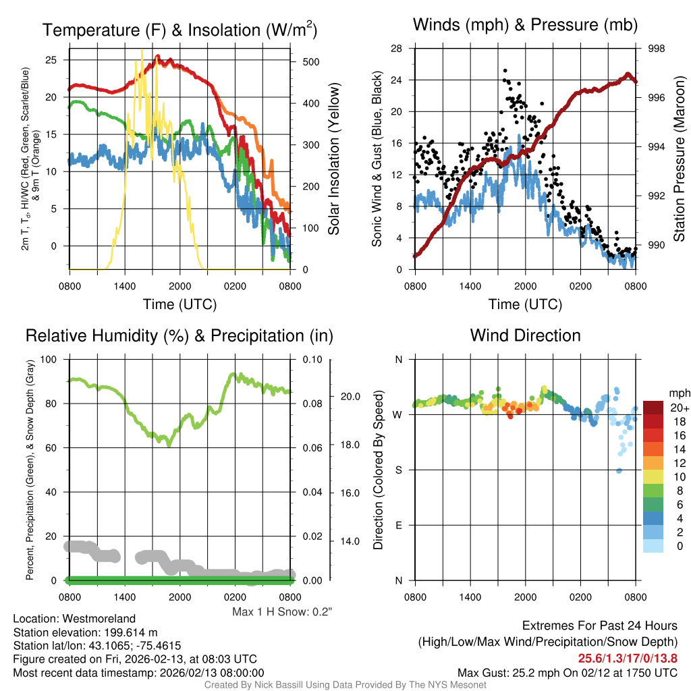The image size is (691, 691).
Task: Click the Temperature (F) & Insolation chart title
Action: tap(179, 30)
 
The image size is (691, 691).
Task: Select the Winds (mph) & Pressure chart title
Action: tap(525, 25)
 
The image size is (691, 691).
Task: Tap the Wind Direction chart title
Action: tap(525, 335)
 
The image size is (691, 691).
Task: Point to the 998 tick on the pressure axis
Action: tap(657, 49)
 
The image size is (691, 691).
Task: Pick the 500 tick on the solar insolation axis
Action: tap(310, 62)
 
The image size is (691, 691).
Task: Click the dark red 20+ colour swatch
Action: tap(654, 408)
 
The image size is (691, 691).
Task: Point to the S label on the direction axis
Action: tap(398, 470)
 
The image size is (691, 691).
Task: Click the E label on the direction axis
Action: tap(398, 525)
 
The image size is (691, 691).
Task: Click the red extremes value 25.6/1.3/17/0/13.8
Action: tap(628, 659)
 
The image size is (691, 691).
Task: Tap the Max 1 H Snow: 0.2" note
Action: tap(282, 612)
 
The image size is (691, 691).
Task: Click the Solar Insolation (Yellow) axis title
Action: tap(334, 159)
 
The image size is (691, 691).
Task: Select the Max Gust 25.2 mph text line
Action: tap(567, 673)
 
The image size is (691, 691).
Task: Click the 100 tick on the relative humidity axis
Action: tap(50, 360)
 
